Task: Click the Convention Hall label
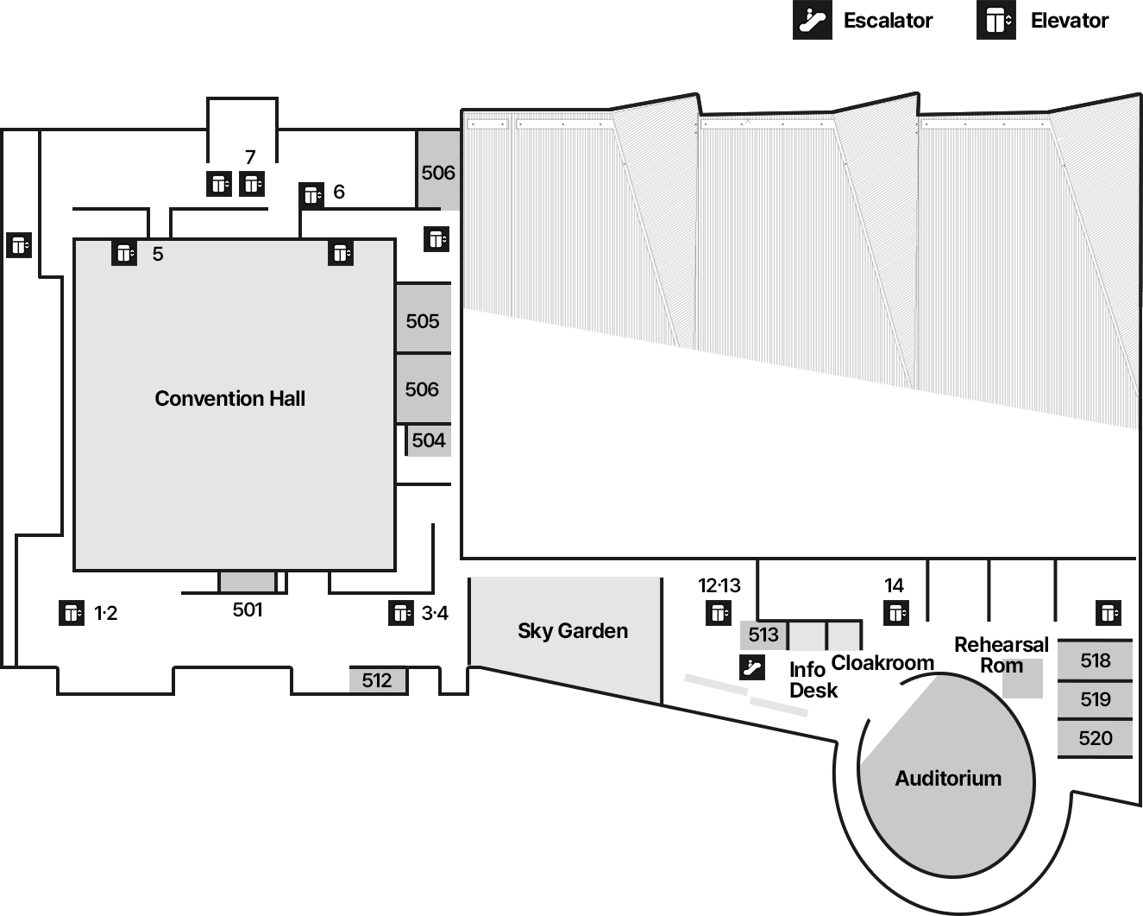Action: (230, 399)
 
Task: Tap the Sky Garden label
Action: (573, 631)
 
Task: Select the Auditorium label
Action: (949, 779)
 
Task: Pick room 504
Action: (429, 440)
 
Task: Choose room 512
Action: (378, 680)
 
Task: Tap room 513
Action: (763, 635)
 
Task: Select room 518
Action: (1096, 660)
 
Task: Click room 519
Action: (1096, 699)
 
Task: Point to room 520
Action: (1096, 738)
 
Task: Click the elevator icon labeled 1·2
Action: (72, 613)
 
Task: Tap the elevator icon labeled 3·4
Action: (401, 613)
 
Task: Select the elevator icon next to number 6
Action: (311, 195)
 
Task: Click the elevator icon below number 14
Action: (896, 613)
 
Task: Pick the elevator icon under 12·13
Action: (719, 613)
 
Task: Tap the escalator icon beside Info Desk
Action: (752, 667)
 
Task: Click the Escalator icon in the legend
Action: (813, 20)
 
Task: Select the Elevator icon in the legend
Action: (996, 20)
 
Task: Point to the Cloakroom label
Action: (882, 663)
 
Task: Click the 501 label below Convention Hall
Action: (248, 610)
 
